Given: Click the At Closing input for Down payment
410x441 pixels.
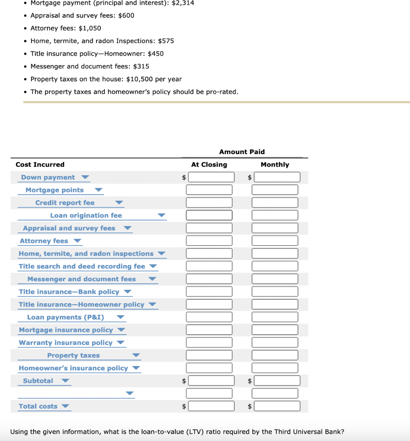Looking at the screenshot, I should click(211, 177).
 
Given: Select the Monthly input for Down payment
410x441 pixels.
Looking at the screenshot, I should click(277, 177).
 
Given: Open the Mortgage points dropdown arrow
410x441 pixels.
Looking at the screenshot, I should click(99, 190).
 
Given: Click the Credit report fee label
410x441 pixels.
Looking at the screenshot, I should click(65, 203).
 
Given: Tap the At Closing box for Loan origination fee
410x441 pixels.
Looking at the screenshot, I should click(209, 215).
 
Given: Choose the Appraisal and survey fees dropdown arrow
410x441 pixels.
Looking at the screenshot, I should click(127, 228).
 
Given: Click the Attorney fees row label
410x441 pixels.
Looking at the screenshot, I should click(44, 241).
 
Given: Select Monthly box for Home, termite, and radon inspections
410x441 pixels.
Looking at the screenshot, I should click(275, 254).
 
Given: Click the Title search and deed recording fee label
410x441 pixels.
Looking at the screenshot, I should click(82, 267).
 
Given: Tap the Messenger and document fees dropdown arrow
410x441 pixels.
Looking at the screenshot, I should click(152, 279).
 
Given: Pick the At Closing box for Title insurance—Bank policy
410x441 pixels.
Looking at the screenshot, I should click(209, 292).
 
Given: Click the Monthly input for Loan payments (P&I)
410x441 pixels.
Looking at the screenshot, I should click(275, 317).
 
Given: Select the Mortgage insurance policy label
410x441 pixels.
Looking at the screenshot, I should click(66, 330).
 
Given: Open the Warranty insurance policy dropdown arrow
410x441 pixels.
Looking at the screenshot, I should click(120, 343).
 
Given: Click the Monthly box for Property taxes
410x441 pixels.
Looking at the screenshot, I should click(275, 355).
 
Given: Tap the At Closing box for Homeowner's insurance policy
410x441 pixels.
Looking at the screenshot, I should click(209, 368).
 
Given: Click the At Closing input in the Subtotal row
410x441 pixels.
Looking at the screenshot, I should click(211, 381).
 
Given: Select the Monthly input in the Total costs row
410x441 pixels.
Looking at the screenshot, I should click(277, 406).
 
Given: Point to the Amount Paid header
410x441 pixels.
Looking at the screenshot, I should click(242, 152).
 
